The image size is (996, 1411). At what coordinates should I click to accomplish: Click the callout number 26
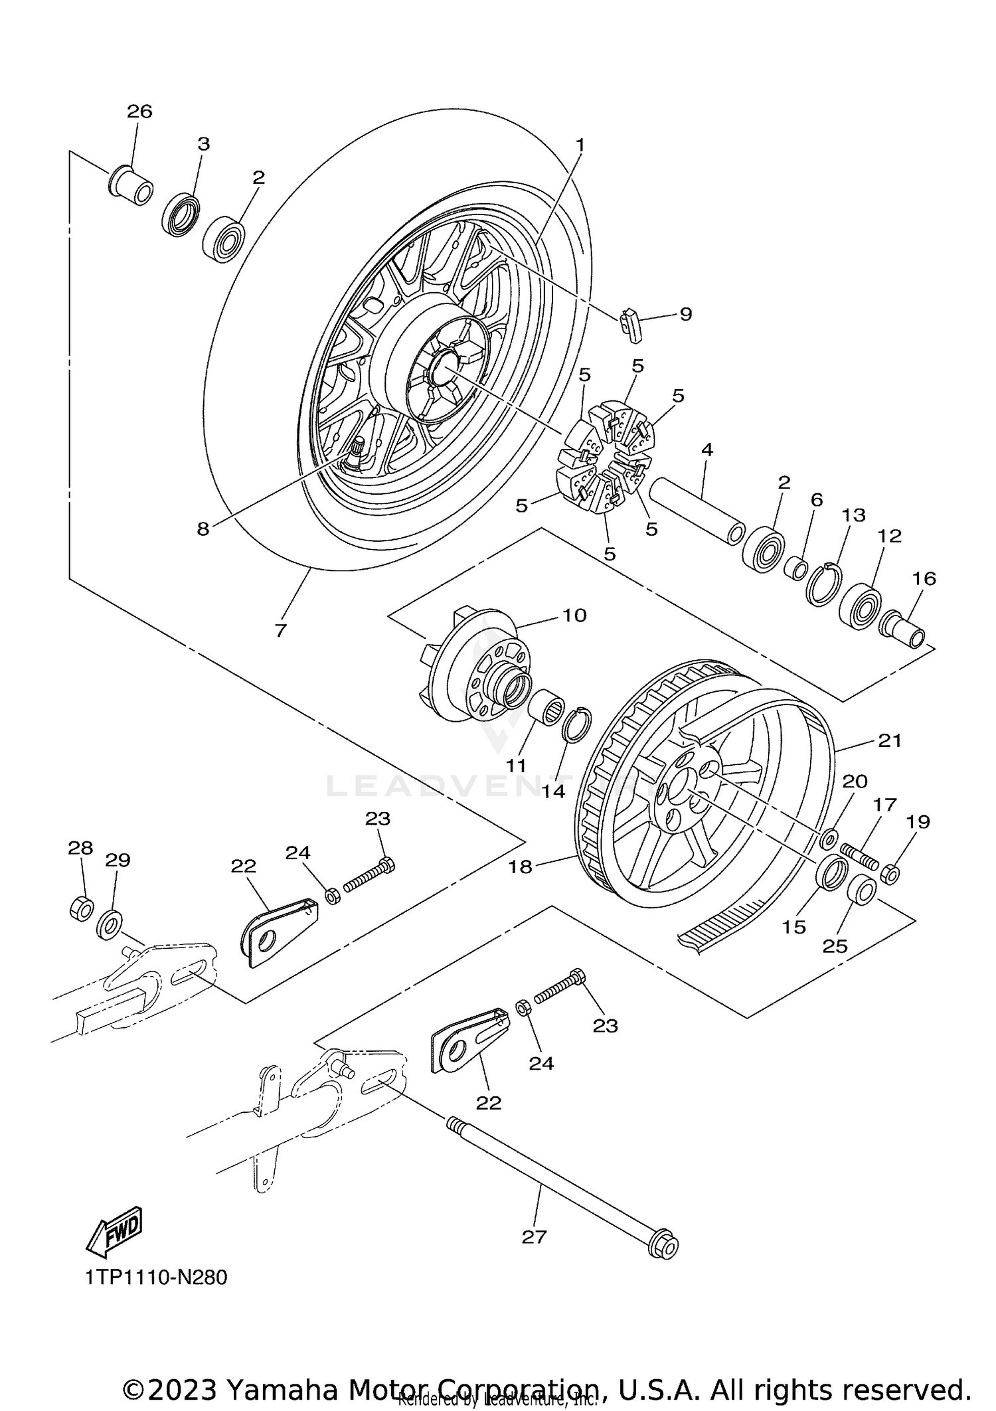point(139,112)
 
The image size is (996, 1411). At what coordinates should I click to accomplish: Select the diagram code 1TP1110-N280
point(156,1277)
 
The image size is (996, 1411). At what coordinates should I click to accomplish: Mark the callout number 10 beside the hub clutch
point(574,616)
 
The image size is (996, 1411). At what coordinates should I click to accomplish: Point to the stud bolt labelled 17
point(860,857)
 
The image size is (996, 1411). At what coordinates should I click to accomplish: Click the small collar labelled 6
point(795,568)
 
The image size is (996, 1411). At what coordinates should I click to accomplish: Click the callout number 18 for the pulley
point(521,867)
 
